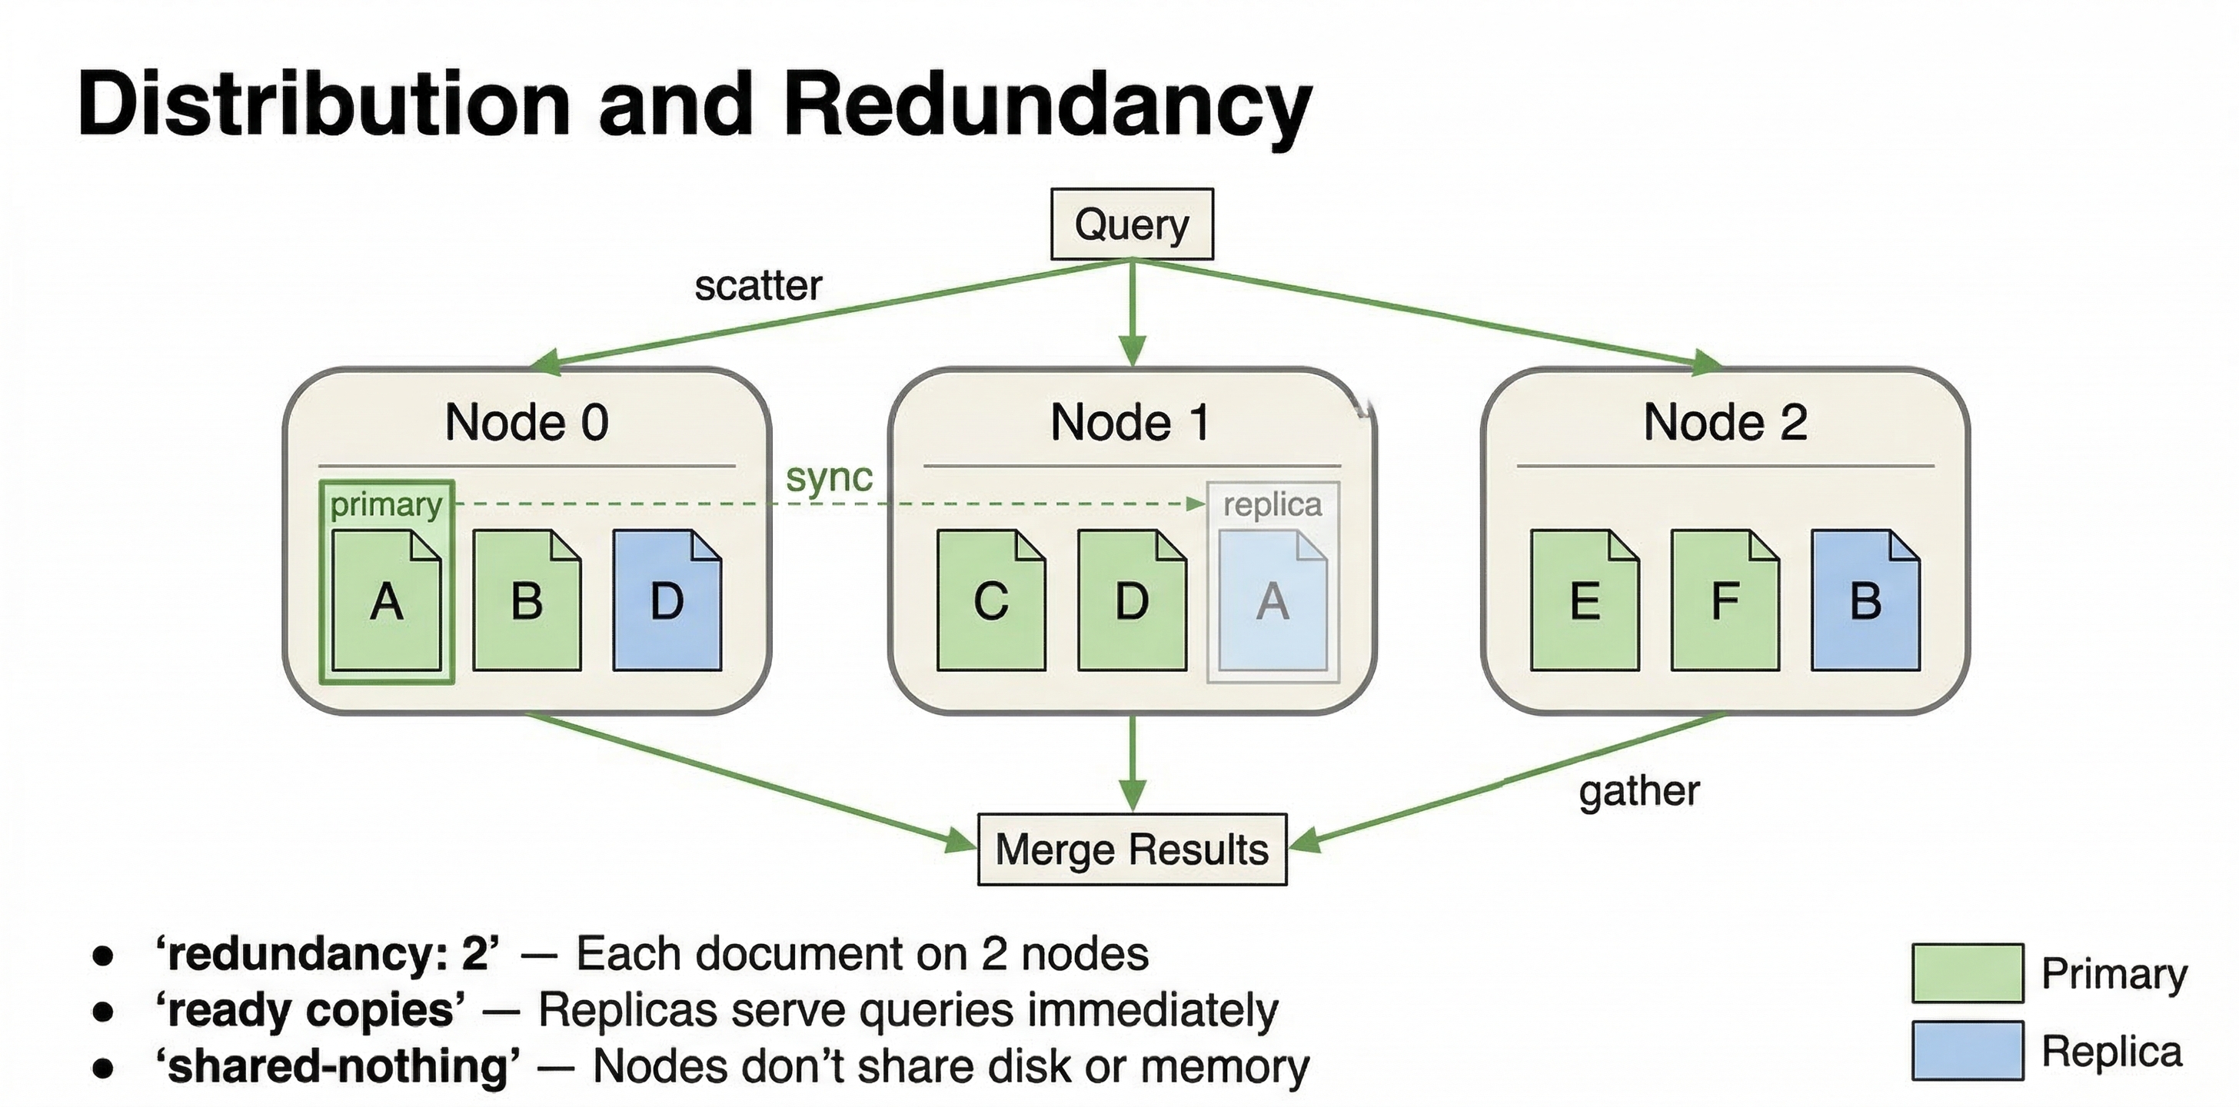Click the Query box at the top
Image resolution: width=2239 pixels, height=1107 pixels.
(1132, 224)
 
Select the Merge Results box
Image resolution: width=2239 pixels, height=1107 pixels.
(1132, 849)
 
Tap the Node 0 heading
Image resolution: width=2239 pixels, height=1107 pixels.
(527, 422)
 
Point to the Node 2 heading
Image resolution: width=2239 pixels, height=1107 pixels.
(1725, 422)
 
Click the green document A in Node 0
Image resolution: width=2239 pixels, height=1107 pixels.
(387, 601)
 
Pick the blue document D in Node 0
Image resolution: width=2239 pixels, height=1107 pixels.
(667, 601)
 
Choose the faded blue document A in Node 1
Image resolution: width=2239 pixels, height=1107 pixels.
(1273, 601)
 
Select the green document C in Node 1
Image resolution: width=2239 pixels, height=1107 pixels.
(991, 601)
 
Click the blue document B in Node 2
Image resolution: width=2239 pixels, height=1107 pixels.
(1865, 601)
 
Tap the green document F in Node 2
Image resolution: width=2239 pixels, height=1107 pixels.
(1725, 601)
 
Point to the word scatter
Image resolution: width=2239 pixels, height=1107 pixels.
(758, 286)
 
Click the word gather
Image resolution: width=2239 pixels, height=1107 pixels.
(1638, 791)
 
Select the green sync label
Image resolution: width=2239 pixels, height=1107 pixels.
(829, 477)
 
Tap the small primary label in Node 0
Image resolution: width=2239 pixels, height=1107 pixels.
(386, 504)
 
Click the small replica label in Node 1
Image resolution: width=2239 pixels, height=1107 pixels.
(1273, 504)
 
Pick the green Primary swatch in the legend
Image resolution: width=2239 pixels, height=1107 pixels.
(1968, 972)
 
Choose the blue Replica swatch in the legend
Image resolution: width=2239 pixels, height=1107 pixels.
(1968, 1051)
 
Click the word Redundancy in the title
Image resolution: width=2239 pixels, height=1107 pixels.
(1047, 105)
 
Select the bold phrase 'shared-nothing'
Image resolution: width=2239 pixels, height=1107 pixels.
(338, 1066)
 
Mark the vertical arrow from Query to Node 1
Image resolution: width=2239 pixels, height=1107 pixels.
(1132, 313)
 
